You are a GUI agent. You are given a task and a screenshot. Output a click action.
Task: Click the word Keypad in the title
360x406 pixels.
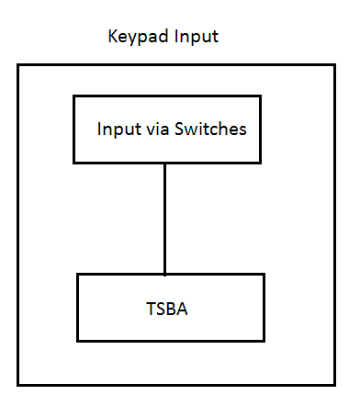point(133,39)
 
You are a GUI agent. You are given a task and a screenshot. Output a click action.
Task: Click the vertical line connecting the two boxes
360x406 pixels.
point(165,219)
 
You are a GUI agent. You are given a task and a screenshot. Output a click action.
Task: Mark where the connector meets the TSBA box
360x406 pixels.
point(165,274)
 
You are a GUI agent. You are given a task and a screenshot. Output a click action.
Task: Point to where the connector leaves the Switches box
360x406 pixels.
point(165,164)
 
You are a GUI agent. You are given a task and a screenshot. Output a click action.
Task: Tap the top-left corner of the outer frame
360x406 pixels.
point(17,65)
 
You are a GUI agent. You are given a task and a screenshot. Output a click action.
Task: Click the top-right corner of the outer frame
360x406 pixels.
point(333,65)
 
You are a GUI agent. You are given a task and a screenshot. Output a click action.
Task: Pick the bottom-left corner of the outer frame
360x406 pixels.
point(17,384)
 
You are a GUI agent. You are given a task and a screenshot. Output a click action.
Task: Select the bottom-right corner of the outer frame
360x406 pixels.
point(333,384)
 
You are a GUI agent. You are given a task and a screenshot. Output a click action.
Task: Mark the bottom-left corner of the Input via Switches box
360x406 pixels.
point(74,163)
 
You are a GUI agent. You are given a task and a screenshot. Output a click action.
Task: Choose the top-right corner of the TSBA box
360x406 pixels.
point(264,274)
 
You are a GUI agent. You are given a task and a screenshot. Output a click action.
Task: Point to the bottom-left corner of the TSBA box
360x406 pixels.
point(77,341)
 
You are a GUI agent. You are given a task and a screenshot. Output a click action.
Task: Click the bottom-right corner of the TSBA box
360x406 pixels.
point(264,341)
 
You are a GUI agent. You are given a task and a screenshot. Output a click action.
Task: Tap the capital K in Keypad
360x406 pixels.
point(113,39)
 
